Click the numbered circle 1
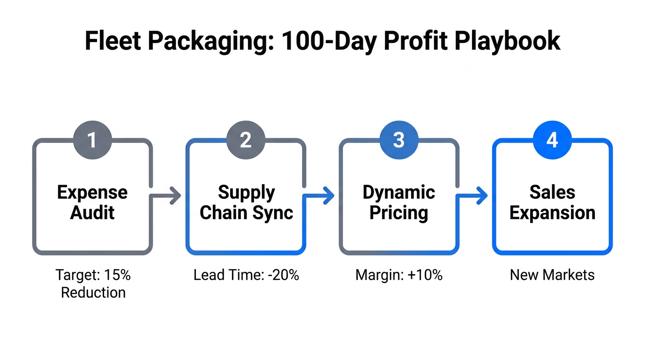[x=92, y=140]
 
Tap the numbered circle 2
[x=246, y=140]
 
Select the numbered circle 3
[x=399, y=140]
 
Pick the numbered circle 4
[x=552, y=140]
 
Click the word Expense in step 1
[x=92, y=192]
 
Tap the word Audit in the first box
[x=92, y=213]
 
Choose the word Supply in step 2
[x=246, y=192]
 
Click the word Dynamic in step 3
[x=399, y=192]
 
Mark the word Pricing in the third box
[x=399, y=213]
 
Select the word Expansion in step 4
[x=552, y=213]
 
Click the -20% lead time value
[x=284, y=275]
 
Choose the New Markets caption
[x=552, y=275]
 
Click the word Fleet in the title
[x=113, y=41]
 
